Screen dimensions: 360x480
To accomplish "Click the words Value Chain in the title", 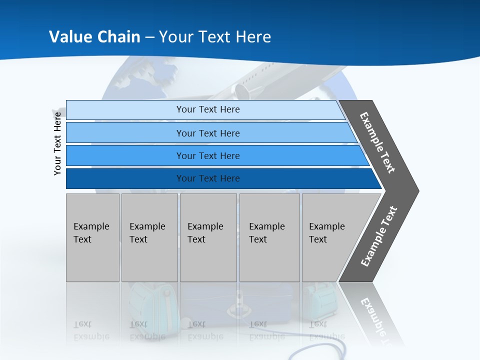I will click(94, 37).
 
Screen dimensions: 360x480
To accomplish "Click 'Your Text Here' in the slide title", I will click(215, 37).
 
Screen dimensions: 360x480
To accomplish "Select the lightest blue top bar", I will click(207, 109).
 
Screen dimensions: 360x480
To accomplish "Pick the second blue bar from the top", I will click(207, 133).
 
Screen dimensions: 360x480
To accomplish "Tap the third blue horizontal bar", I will click(207, 155).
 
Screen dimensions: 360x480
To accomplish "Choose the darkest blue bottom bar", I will click(207, 178).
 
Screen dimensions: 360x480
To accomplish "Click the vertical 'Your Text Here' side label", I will click(57, 143).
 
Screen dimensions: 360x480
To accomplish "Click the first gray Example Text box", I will click(92, 237).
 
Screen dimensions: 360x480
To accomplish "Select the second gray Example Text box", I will click(149, 237).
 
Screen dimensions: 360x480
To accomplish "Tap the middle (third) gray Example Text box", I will click(208, 237).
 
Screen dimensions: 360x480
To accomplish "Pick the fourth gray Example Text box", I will click(269, 237).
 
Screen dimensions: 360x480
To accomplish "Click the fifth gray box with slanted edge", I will click(330, 237).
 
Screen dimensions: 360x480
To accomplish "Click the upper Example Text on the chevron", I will click(377, 142).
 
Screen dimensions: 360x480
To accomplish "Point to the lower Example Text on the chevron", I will click(379, 236).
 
